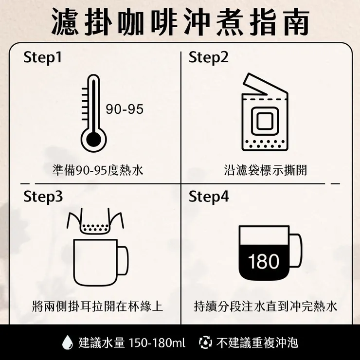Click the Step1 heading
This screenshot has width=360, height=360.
pyautogui.click(x=43, y=58)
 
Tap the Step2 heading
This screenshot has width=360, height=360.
pyautogui.click(x=208, y=58)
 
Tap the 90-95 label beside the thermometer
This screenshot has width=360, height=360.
pyautogui.click(x=125, y=109)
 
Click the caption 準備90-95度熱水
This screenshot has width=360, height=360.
pyautogui.click(x=98, y=170)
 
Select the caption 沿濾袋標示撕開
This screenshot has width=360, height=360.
pyautogui.click(x=266, y=170)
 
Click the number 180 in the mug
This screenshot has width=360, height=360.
pyautogui.click(x=264, y=262)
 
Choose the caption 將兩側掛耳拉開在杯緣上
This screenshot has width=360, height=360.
pyautogui.click(x=97, y=306)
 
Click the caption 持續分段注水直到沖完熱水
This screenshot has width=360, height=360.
pyautogui.click(x=265, y=306)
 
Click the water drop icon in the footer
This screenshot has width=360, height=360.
pyautogui.click(x=67, y=342)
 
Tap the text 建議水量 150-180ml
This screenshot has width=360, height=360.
pyautogui.click(x=132, y=342)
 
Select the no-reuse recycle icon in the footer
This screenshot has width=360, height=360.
pyautogui.click(x=205, y=342)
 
